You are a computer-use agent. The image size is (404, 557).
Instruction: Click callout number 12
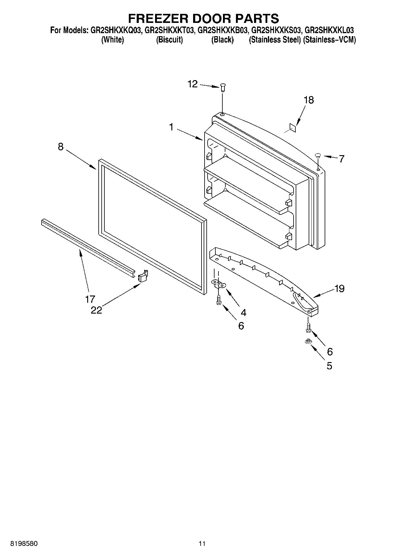coord(192,84)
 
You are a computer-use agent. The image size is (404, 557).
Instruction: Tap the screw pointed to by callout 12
coord(223,88)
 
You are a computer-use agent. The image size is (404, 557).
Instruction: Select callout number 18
coord(309,100)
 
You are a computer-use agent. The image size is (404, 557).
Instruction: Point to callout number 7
coord(341,159)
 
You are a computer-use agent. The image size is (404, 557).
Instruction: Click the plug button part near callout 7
coord(317,156)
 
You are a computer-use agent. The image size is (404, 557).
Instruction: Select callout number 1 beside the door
coord(171,127)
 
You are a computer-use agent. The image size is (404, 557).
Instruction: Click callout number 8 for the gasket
coord(61,147)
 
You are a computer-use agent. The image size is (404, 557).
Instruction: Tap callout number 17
coord(90,299)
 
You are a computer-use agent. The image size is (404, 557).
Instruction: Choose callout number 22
coord(97,310)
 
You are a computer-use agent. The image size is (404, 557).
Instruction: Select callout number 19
coord(339,289)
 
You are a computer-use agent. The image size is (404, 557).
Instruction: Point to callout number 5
coord(329,366)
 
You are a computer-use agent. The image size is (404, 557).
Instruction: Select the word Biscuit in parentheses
coord(169,40)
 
